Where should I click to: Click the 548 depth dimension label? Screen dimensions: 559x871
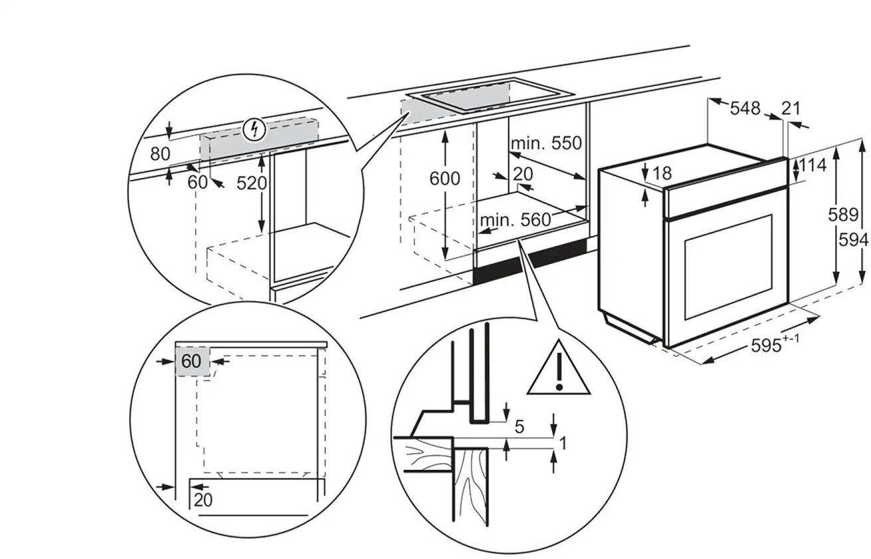click(x=745, y=108)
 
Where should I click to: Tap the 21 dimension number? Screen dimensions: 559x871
click(x=791, y=108)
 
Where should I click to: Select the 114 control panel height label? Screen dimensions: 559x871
click(x=813, y=165)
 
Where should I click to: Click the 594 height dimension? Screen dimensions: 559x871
click(x=853, y=240)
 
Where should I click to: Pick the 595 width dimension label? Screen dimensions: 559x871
click(x=765, y=346)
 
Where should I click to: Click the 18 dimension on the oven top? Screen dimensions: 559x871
click(x=663, y=174)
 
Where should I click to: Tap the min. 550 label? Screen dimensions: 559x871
click(x=545, y=142)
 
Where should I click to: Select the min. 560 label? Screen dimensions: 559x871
click(x=516, y=219)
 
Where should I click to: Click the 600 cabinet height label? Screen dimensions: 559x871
click(x=444, y=178)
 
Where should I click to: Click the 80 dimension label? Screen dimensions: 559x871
click(x=159, y=154)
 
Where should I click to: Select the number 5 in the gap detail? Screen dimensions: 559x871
click(x=520, y=427)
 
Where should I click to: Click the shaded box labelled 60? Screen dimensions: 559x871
click(x=192, y=362)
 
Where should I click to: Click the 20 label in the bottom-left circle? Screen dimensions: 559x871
click(x=203, y=499)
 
